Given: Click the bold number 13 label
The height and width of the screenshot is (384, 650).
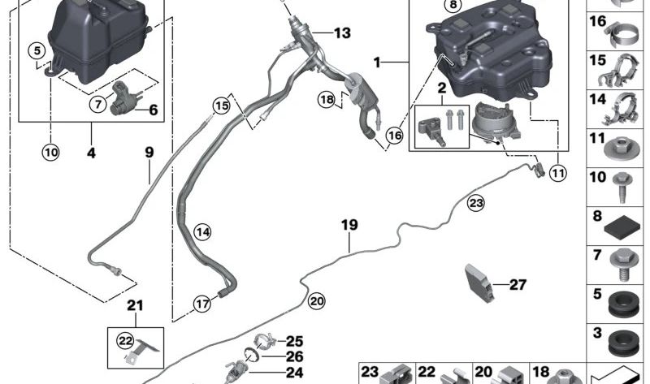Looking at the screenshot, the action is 342,32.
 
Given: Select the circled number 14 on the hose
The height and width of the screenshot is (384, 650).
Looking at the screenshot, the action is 202,232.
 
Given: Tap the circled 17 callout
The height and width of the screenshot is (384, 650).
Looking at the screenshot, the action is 202,304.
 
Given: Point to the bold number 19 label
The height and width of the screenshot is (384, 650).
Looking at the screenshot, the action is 349,225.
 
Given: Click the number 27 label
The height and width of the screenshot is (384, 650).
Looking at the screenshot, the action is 518,285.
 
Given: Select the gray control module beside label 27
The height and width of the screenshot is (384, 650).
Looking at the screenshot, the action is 479,283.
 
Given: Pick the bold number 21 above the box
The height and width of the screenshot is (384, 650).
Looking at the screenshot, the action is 135,306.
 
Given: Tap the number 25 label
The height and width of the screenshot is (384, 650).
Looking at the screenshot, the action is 295,341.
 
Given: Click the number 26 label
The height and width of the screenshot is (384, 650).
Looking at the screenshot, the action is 295,356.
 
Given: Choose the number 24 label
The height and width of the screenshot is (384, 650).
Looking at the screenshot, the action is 295,373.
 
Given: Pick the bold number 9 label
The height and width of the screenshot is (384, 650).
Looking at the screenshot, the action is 149,152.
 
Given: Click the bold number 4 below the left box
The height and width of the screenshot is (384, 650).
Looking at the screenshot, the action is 91,153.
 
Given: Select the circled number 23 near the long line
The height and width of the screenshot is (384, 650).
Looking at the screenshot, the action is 476,204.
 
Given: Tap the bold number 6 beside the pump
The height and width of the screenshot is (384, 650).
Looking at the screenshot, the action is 153,110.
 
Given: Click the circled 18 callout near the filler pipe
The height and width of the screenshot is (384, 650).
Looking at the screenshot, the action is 327,99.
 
